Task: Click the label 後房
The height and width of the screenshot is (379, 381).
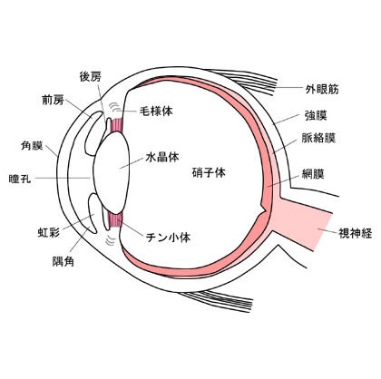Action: point(91,77)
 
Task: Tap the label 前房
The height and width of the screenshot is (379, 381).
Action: point(53,100)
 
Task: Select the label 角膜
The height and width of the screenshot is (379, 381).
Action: point(32,146)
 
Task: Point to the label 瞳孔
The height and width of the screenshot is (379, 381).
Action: point(20,179)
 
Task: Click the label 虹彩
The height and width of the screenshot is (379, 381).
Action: point(48,232)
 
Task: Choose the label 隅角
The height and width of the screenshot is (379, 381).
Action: point(63,261)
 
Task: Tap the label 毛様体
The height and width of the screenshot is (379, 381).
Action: point(156,112)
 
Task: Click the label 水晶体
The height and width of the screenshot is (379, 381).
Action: point(162,157)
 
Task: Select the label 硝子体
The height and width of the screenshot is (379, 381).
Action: point(209,172)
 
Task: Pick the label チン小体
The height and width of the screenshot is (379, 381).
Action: point(169,238)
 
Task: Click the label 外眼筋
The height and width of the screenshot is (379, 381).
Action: point(322,89)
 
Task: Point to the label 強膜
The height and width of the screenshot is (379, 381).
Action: point(316,115)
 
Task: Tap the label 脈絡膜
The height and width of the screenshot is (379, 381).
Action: point(318,138)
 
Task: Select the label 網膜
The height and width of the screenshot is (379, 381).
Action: point(313,174)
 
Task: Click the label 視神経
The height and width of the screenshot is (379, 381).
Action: point(355,233)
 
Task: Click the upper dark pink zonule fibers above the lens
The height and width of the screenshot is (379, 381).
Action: point(117,126)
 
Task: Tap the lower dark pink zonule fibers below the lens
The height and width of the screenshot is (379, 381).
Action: point(115,220)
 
